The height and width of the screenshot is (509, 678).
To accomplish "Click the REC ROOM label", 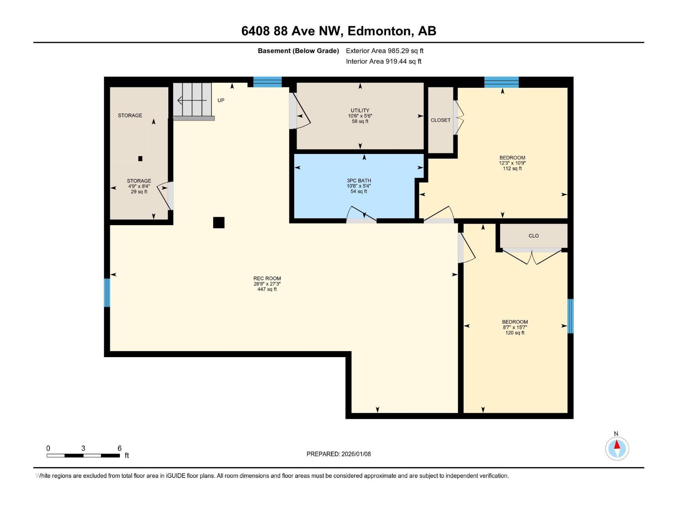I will [x=267, y=279].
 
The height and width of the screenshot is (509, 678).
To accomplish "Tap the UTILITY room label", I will [x=360, y=110].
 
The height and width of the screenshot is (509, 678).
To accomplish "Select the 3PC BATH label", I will [x=358, y=181].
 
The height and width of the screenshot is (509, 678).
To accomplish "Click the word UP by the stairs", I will [x=221, y=101].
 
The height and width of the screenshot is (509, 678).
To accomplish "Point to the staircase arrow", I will [x=192, y=101].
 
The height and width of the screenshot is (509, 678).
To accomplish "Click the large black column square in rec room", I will [x=219, y=223].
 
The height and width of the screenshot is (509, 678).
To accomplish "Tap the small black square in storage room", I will [x=140, y=159].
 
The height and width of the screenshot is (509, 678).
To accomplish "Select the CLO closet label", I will [x=534, y=236].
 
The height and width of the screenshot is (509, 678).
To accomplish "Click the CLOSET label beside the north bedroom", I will [x=440, y=120].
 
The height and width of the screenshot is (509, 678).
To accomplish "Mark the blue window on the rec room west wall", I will [x=107, y=293].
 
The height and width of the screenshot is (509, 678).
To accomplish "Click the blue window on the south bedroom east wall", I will [x=570, y=316].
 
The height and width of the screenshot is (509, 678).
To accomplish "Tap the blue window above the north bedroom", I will [x=501, y=82].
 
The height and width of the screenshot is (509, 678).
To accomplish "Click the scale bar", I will [x=83, y=456].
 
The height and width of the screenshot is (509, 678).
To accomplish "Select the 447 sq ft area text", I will [x=267, y=289].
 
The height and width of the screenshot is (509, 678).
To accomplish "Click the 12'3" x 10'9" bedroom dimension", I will [x=512, y=163].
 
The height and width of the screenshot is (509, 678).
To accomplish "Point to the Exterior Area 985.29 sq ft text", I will [x=384, y=51].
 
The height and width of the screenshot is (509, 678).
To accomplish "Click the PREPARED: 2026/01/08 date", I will [x=339, y=454].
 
